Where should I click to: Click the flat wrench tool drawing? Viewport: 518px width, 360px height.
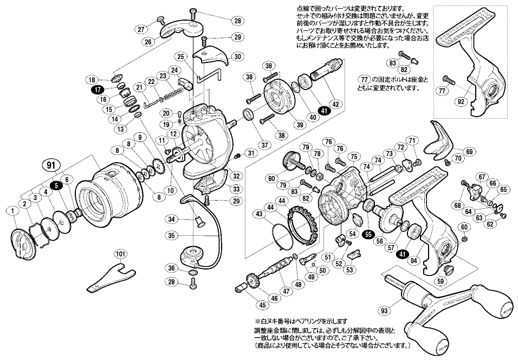[x=111, y=275]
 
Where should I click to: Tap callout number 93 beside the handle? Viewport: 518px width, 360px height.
[x=385, y=310]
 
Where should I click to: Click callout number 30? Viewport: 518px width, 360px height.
[x=237, y=56]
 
